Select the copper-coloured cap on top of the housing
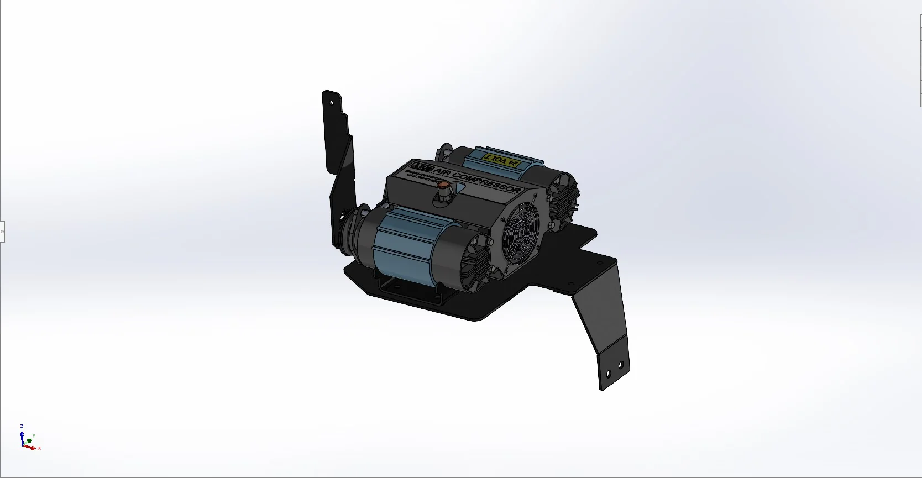(x=444, y=185)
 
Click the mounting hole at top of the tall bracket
(x=332, y=102)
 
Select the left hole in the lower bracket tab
(x=607, y=374)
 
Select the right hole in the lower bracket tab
(x=621, y=365)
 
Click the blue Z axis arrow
(x=22, y=436)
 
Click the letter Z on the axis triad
(x=22, y=427)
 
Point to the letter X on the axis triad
(x=39, y=448)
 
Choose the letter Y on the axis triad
(x=34, y=436)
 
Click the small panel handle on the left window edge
(x=2, y=232)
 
